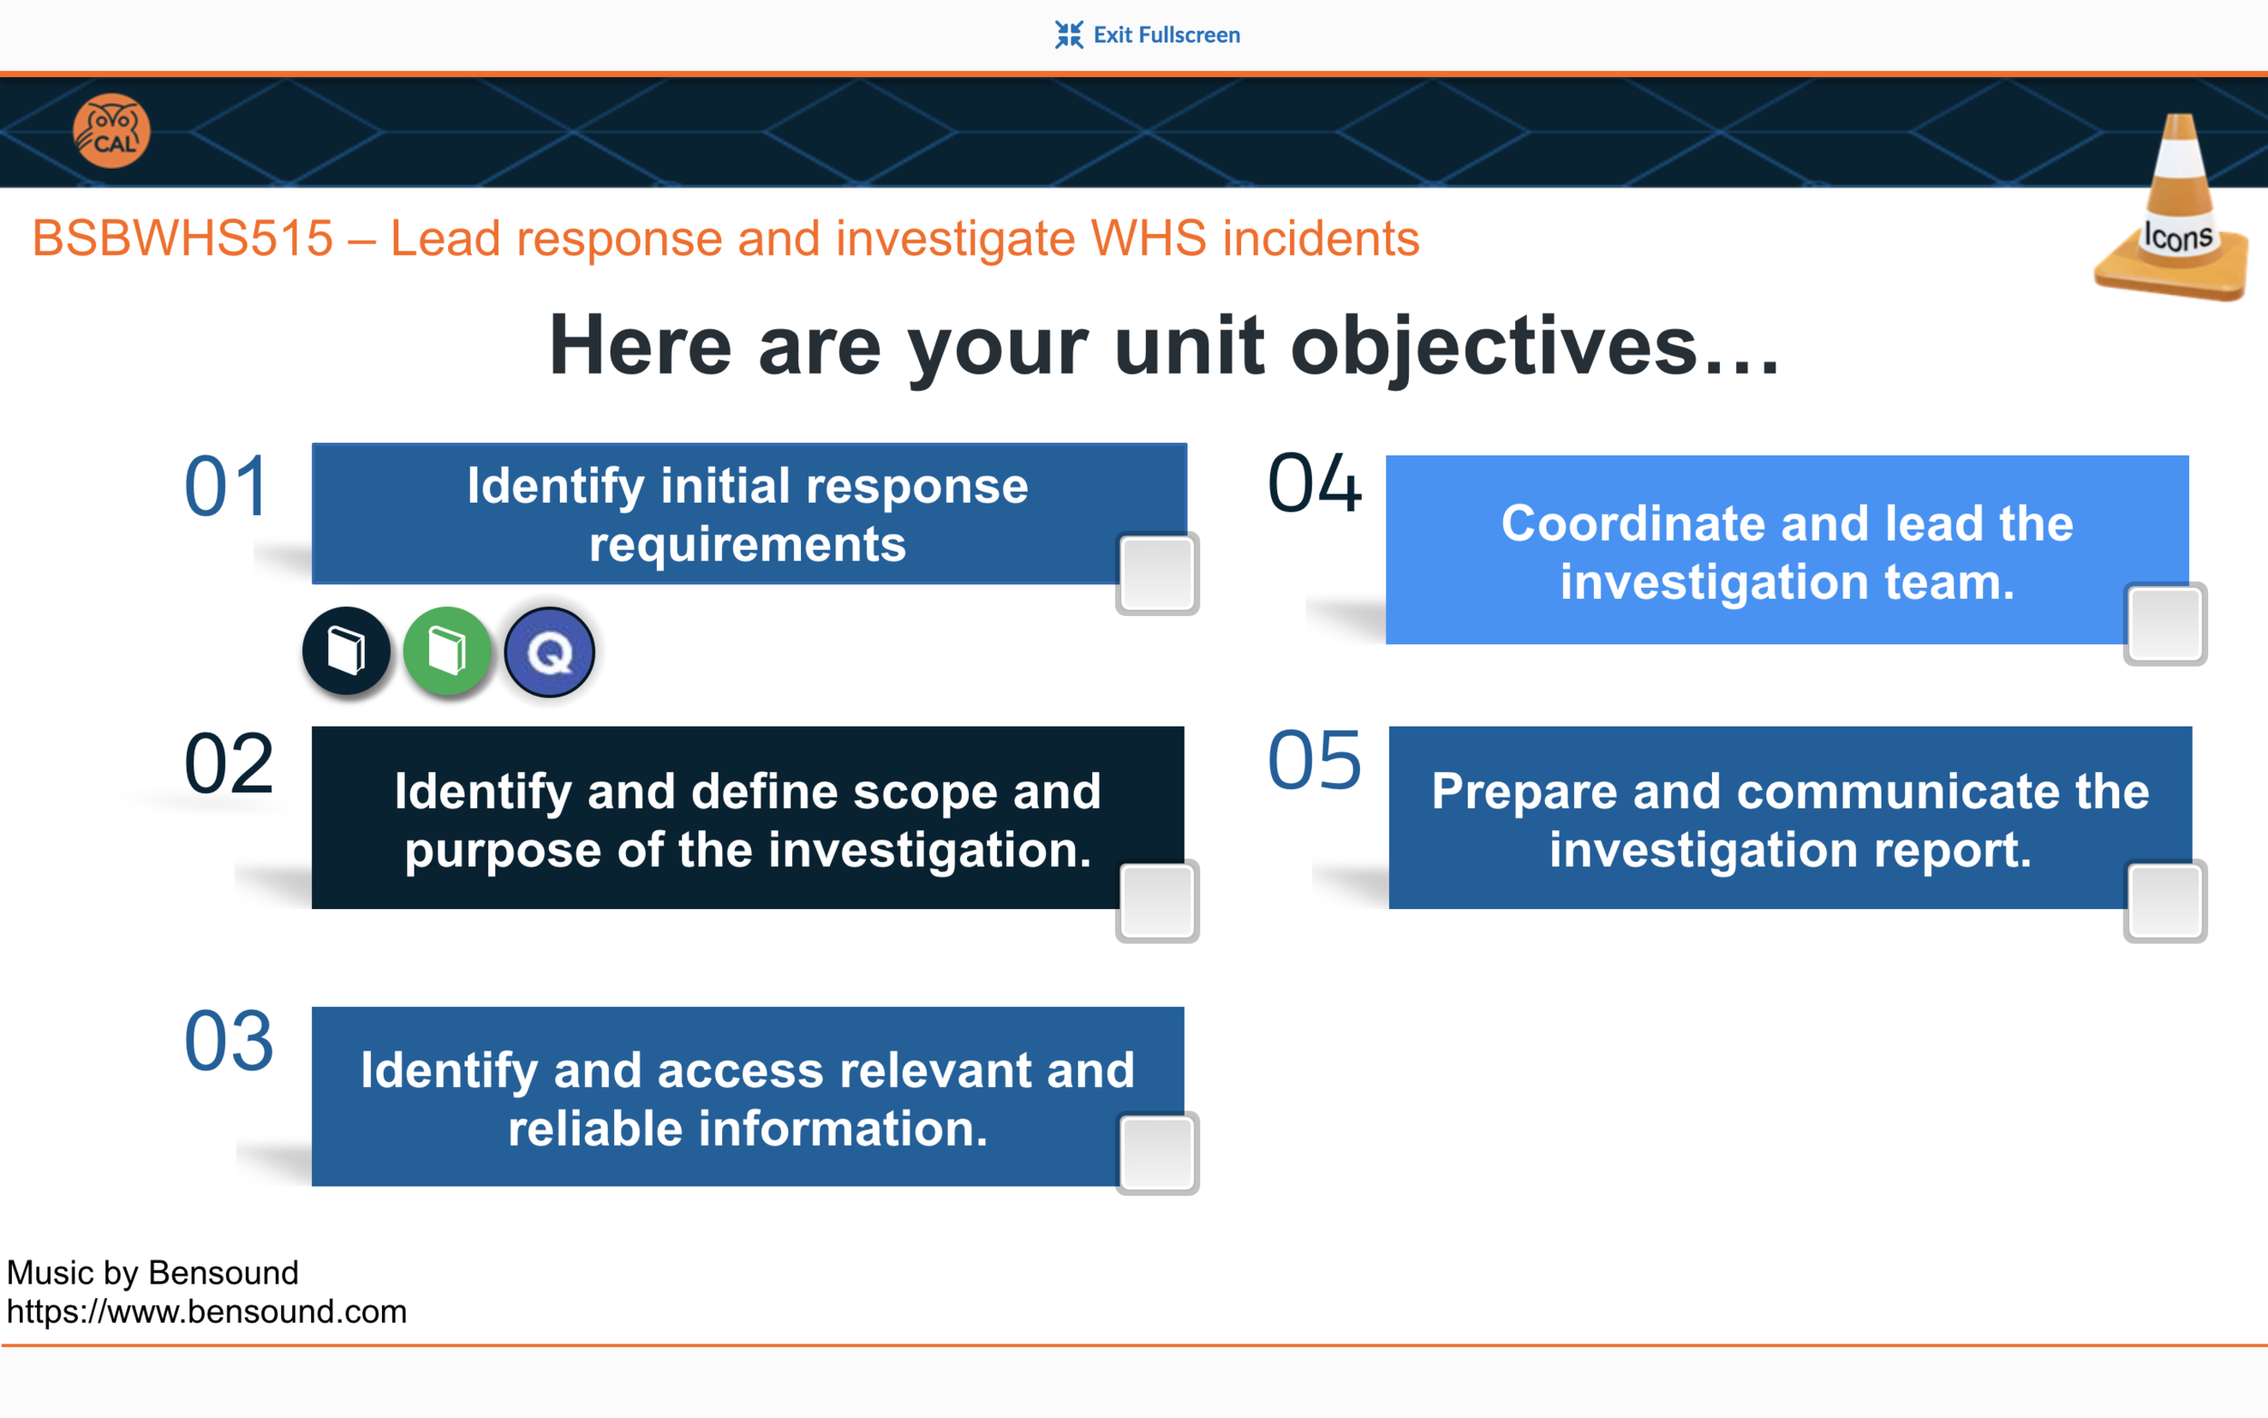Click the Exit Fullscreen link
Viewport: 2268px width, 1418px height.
click(1148, 34)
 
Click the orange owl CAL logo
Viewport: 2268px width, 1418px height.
click(112, 132)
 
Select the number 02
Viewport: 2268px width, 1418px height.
click(229, 764)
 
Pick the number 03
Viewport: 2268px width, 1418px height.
click(229, 1041)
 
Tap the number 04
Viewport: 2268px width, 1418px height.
click(1314, 484)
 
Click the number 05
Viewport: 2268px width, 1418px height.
click(1314, 760)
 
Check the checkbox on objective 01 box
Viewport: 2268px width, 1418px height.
click(1157, 574)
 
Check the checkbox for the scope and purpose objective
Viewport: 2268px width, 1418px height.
click(1157, 900)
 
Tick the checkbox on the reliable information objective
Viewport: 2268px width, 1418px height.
click(1157, 1152)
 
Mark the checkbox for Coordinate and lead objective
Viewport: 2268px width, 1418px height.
click(2164, 623)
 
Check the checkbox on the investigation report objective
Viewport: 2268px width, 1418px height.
click(2164, 900)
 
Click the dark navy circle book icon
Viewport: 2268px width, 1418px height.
click(346, 650)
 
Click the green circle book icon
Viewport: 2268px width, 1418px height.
click(447, 650)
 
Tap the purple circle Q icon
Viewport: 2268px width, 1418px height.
click(550, 651)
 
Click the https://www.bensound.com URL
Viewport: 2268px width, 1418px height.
click(206, 1311)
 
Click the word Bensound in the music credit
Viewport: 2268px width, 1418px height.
click(223, 1273)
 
